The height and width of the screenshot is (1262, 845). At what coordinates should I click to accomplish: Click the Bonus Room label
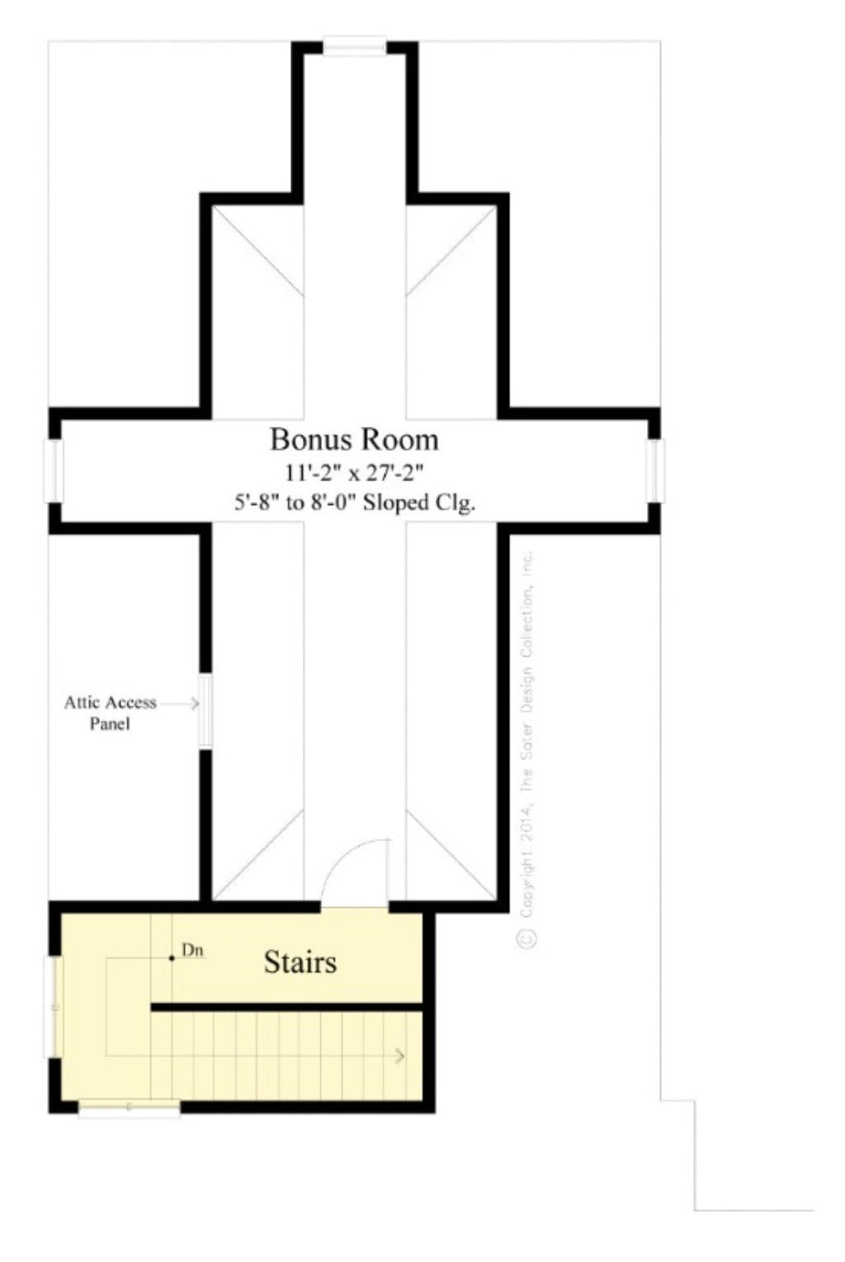pos(354,439)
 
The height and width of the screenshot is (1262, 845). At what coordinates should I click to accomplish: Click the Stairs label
pos(300,962)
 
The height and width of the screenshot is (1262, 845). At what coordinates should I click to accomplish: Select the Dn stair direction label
pos(192,951)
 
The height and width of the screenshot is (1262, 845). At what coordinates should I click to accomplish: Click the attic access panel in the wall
pos(205,712)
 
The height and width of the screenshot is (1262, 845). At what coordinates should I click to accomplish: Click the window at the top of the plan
pos(354,46)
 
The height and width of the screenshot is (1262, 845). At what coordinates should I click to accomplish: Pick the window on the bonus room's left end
pos(53,471)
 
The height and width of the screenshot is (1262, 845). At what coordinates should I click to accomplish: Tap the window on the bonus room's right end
pos(655,471)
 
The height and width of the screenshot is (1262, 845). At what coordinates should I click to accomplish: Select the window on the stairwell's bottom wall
pos(129,1109)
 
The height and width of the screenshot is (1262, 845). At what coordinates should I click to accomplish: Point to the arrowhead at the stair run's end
pos(401,1056)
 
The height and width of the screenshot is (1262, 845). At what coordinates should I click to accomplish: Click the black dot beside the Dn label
pos(172,958)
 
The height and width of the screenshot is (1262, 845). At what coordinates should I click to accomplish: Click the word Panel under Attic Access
pos(110,725)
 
